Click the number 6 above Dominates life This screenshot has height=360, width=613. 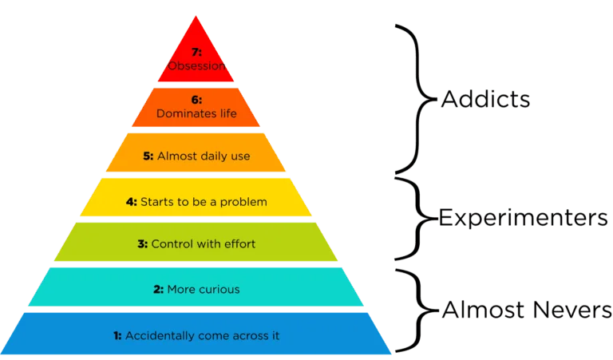pos(196,101)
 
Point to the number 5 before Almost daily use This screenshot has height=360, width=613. pos(148,156)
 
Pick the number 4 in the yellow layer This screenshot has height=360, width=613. pos(131,202)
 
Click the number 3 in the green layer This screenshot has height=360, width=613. pos(142,244)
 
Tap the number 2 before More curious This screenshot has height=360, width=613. pos(158,289)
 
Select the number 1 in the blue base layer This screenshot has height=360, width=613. pos(117,335)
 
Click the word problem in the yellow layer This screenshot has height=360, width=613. pos(244,202)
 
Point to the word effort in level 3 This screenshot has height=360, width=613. pos(239,244)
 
